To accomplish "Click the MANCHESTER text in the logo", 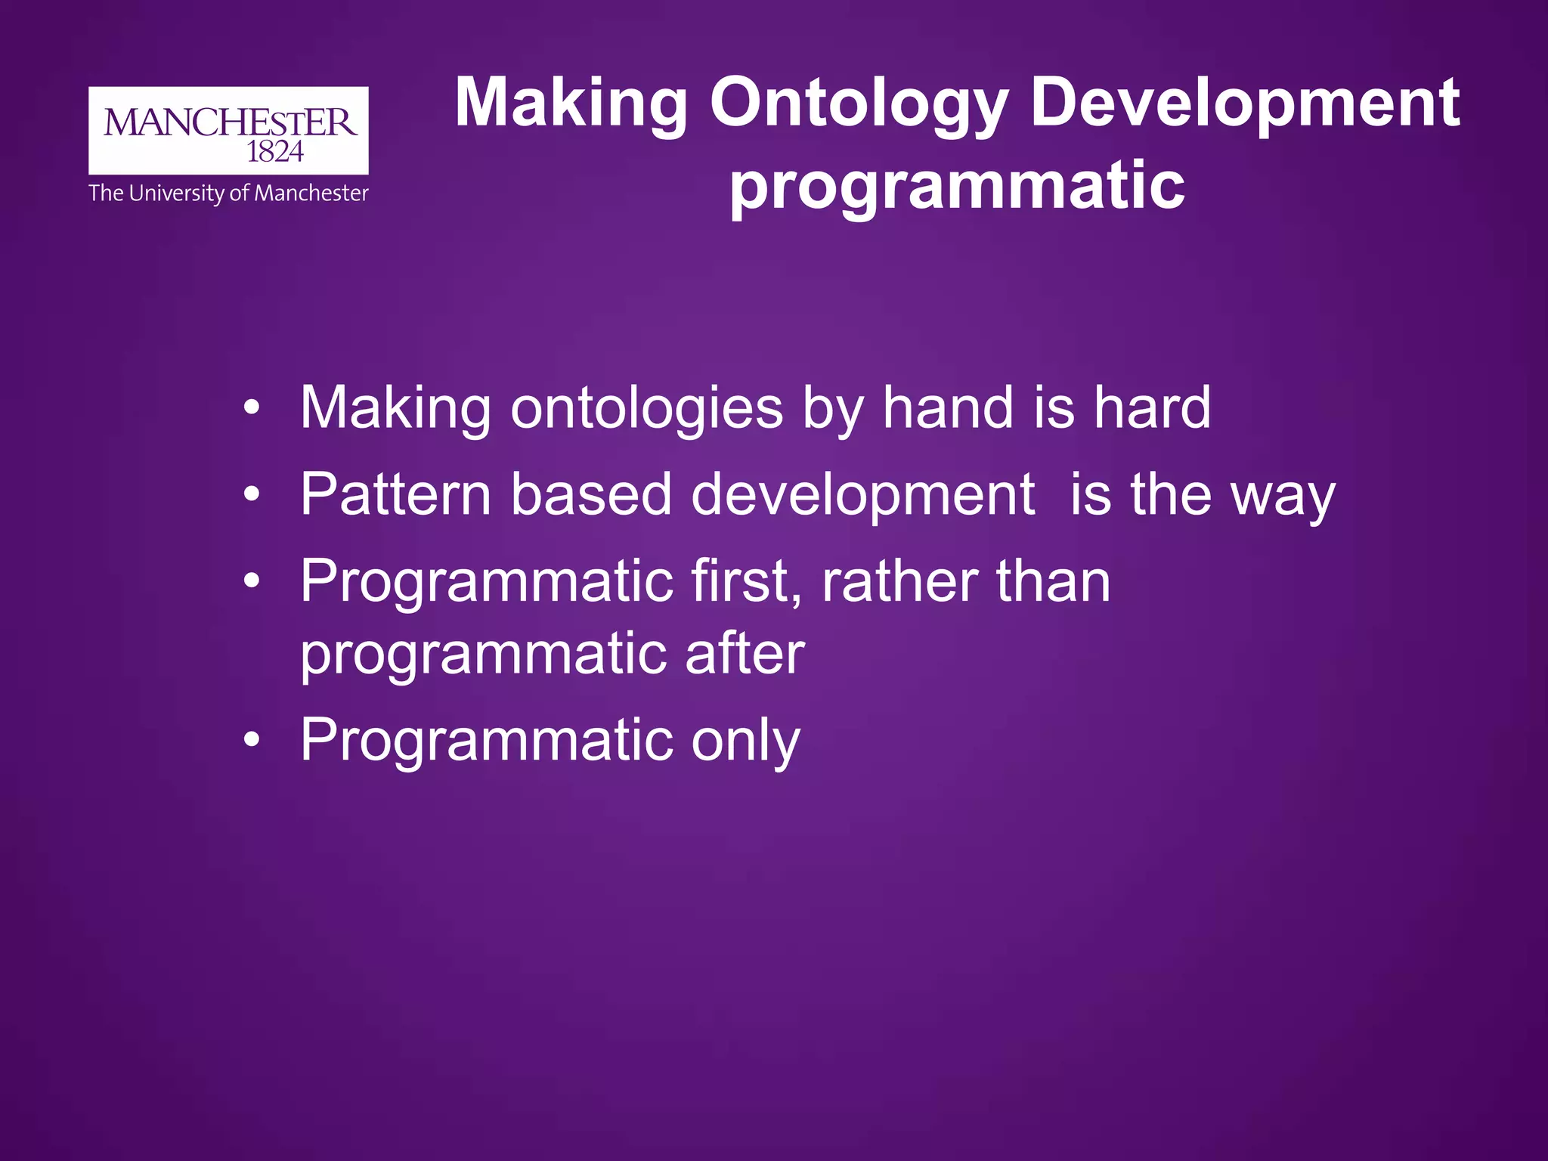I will [x=229, y=122].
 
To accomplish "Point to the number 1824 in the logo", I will [x=275, y=153].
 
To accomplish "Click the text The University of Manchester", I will [x=228, y=193].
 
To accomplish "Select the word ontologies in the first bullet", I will [x=647, y=410].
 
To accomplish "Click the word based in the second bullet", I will [x=591, y=494].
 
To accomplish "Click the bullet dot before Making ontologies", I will [x=252, y=409].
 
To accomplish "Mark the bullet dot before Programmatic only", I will [x=252, y=740].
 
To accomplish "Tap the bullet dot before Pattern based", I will [x=252, y=495].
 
